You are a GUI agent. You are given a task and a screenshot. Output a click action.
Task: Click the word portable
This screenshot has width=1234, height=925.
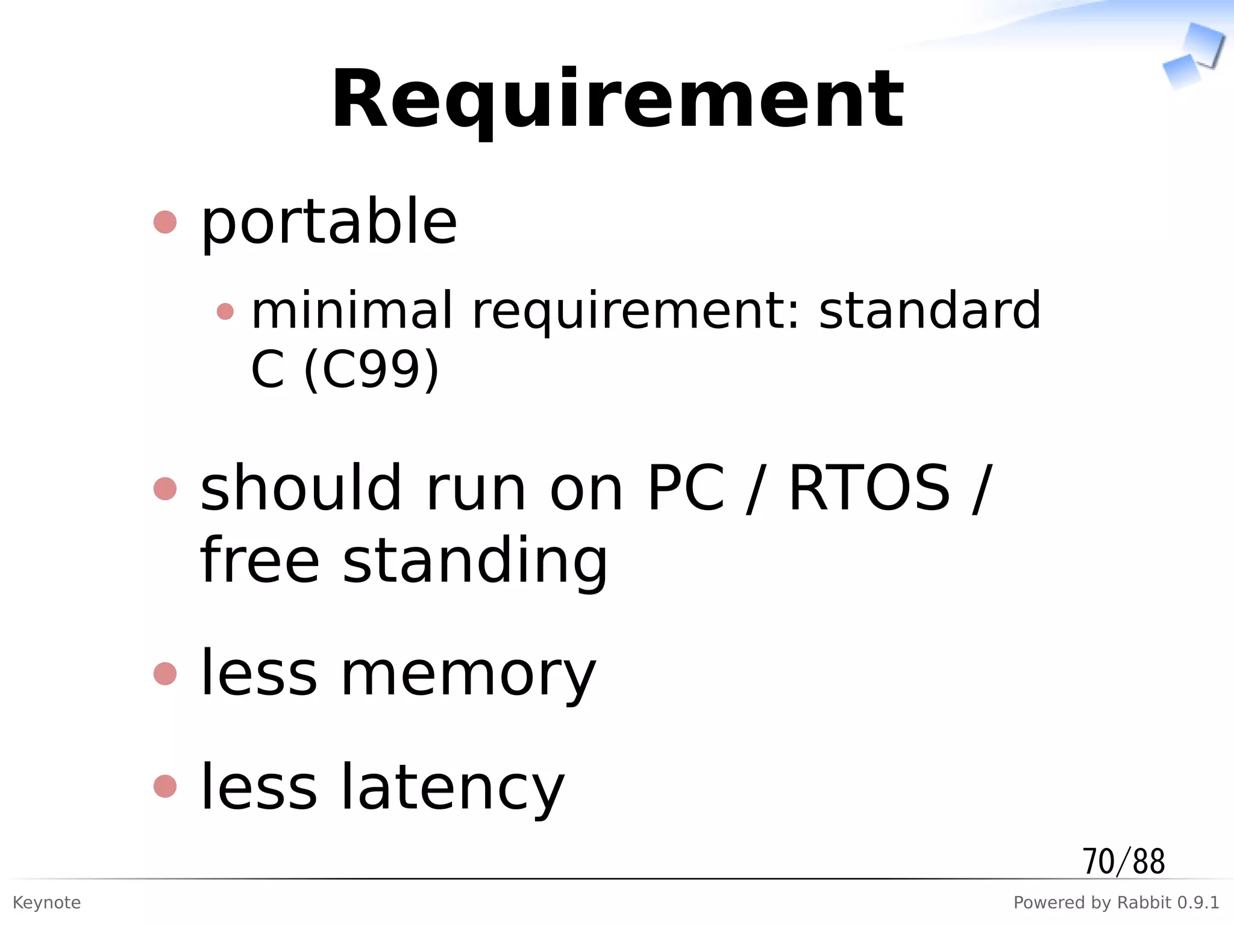329,223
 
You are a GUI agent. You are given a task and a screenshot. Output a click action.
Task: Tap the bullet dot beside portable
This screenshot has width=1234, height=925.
165,222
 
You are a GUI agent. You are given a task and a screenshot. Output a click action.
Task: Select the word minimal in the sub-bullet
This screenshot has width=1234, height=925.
351,310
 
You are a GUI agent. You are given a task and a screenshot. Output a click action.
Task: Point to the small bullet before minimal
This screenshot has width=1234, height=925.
225,311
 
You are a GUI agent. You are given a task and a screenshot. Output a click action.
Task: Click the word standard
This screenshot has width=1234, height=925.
930,310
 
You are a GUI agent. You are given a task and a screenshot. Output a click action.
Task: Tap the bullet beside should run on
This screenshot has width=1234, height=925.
165,488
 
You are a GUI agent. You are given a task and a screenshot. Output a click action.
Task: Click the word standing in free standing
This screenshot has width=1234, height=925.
475,561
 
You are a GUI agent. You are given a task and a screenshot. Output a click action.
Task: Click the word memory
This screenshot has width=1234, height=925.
468,676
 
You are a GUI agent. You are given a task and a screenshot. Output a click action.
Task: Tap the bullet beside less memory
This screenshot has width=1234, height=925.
165,673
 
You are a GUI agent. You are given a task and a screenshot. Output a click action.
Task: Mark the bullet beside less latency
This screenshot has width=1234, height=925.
165,786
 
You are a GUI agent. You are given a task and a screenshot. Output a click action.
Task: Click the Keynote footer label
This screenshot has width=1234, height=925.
46,903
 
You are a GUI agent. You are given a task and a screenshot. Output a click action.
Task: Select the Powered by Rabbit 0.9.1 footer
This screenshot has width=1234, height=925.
1116,903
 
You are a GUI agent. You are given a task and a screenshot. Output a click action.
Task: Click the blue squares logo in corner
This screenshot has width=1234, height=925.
1193,55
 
